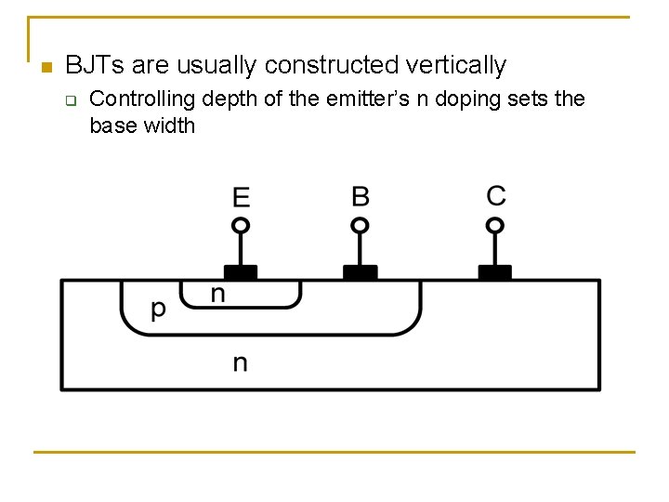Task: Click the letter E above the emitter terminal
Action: (x=241, y=197)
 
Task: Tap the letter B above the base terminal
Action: (x=361, y=196)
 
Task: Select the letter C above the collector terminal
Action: (x=496, y=196)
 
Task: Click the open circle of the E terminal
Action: (x=241, y=225)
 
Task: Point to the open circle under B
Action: (x=361, y=225)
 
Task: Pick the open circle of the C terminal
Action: (x=495, y=225)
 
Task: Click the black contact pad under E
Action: (x=241, y=272)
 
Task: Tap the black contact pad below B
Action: (x=361, y=272)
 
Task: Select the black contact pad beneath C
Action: (x=495, y=272)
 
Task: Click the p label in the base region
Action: (x=159, y=309)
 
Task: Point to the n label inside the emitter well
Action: (x=217, y=295)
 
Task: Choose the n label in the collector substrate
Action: (x=240, y=362)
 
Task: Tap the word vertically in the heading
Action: (x=456, y=65)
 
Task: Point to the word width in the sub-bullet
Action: (x=169, y=125)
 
